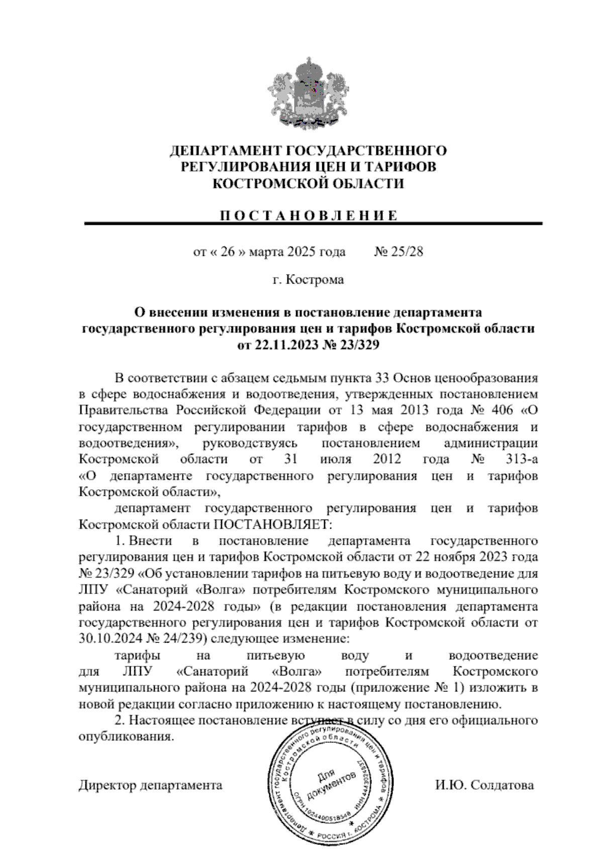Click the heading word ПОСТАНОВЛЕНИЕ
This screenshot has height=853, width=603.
[309, 216]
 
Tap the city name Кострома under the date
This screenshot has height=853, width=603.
[315, 280]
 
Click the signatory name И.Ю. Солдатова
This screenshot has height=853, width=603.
[484, 785]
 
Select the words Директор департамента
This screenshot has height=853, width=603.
[150, 785]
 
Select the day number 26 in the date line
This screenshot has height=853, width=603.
[228, 251]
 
